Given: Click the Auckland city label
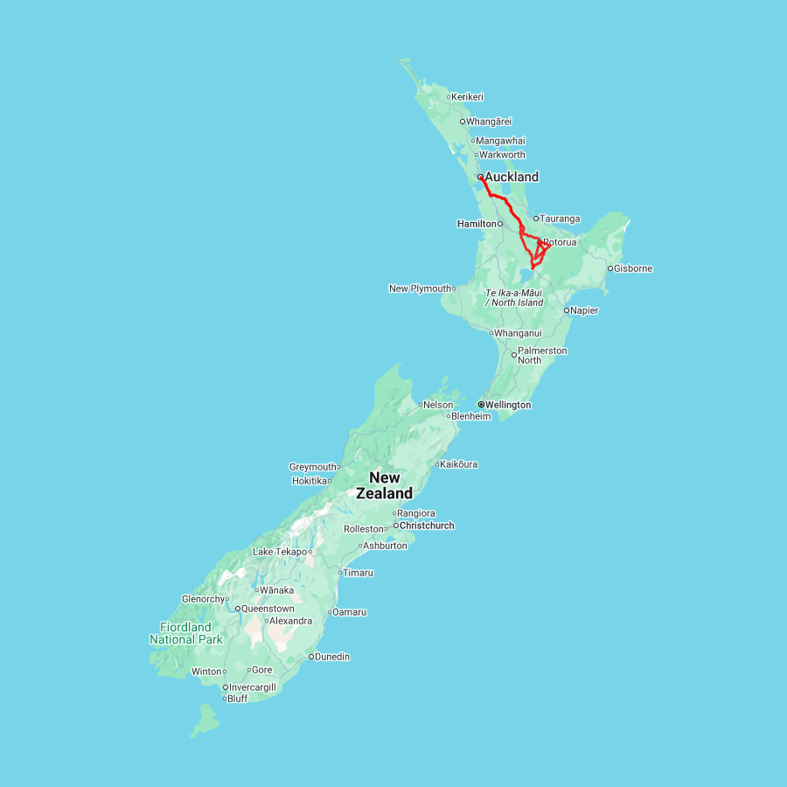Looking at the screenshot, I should pyautogui.click(x=512, y=177).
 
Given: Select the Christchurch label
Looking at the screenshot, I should pyautogui.click(x=427, y=526).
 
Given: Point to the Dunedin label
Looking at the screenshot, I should pyautogui.click(x=332, y=657).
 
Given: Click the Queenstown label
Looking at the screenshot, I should pyautogui.click(x=268, y=609).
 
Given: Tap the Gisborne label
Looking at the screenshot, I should pyautogui.click(x=633, y=268).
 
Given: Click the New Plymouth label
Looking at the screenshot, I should pyautogui.click(x=421, y=289).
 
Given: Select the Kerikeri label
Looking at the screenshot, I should pyautogui.click(x=468, y=97).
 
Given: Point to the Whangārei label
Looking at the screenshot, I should pyautogui.click(x=489, y=122).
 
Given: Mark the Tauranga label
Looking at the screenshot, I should pyautogui.click(x=561, y=219).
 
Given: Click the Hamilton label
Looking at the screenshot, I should pyautogui.click(x=477, y=224).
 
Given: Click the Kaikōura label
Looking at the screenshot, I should pyautogui.click(x=459, y=464).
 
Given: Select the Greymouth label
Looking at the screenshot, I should pyautogui.click(x=313, y=467).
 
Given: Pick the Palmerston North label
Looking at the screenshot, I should pyautogui.click(x=542, y=355).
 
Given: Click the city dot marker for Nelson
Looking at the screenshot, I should pyautogui.click(x=421, y=405).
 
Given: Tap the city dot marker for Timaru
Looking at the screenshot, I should pyautogui.click(x=340, y=573).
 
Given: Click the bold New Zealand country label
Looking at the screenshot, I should pyautogui.click(x=384, y=485).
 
